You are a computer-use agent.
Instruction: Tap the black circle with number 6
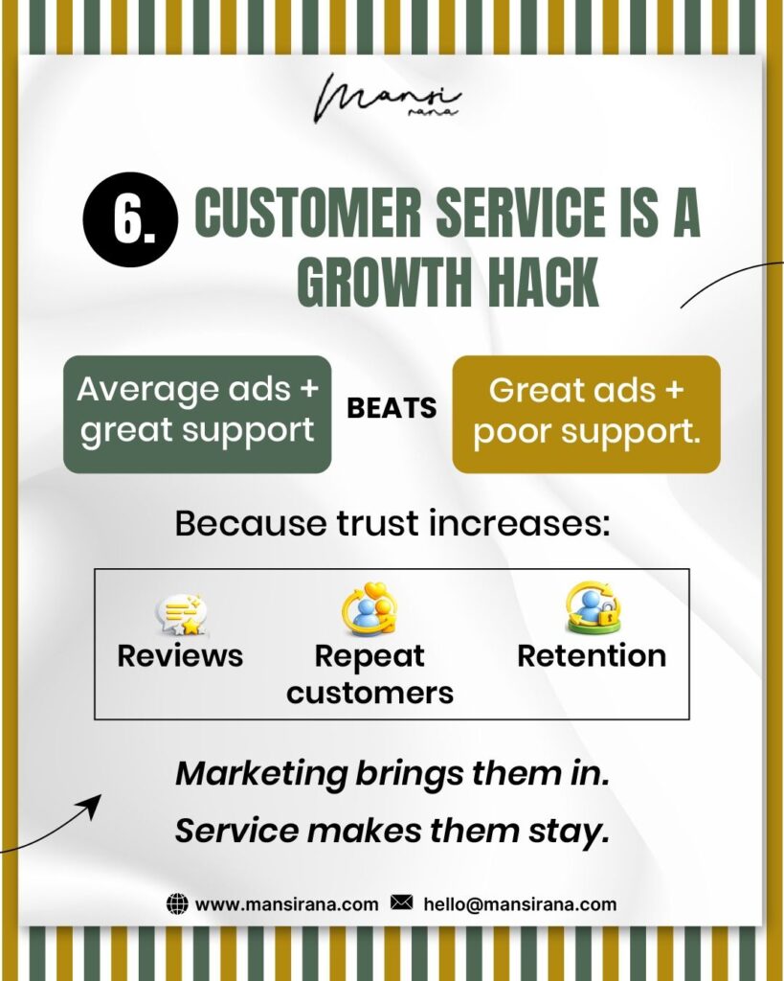point(130,219)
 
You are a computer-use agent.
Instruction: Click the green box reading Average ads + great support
point(197,414)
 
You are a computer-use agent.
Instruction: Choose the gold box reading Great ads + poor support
point(586,414)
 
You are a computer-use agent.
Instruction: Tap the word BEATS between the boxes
point(392,409)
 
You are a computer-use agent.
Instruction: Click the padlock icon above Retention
point(592,609)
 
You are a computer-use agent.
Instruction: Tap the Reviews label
point(180,656)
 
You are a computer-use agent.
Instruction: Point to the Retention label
point(592,656)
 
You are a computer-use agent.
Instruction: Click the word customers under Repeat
point(370,692)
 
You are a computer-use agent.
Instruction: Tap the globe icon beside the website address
point(177,903)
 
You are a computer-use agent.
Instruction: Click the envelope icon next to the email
point(402,903)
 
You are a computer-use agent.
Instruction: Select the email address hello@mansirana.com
point(520,903)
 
